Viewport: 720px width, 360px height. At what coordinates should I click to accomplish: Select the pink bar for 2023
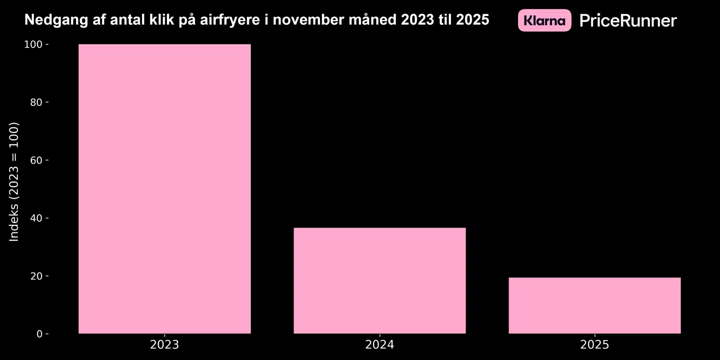[164, 189]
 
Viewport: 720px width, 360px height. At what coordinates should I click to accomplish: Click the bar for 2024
[379, 280]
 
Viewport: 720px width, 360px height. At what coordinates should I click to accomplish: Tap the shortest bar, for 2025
[594, 305]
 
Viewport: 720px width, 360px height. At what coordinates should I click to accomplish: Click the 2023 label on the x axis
[164, 345]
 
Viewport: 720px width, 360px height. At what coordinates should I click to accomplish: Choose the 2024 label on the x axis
[379, 345]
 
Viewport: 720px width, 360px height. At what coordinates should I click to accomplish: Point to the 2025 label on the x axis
[594, 345]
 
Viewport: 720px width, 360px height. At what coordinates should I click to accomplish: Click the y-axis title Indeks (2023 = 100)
[14, 181]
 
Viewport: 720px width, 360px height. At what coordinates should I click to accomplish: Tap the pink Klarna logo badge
[544, 20]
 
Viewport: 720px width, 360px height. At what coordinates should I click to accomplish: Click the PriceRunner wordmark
[628, 20]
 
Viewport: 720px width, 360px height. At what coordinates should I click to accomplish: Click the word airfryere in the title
[226, 20]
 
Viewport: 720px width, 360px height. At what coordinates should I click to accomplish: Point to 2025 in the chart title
[472, 20]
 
